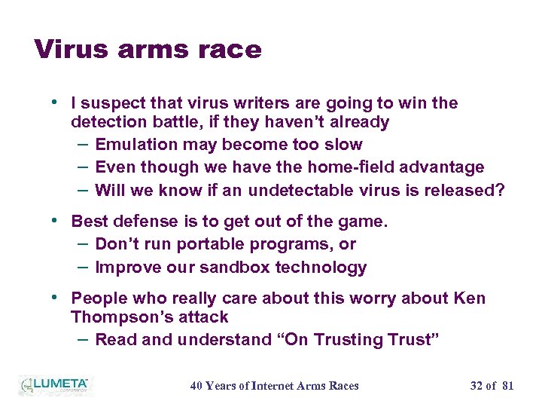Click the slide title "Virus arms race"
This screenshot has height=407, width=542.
click(x=148, y=49)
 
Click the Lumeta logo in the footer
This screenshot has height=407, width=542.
click(x=54, y=385)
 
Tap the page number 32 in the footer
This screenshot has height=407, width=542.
click(x=477, y=386)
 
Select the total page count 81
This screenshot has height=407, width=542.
click(x=507, y=386)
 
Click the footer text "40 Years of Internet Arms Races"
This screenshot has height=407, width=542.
click(x=274, y=386)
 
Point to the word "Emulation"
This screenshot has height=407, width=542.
click(x=132, y=145)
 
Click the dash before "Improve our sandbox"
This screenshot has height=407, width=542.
click(x=83, y=267)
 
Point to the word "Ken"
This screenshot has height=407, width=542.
click(x=470, y=298)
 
